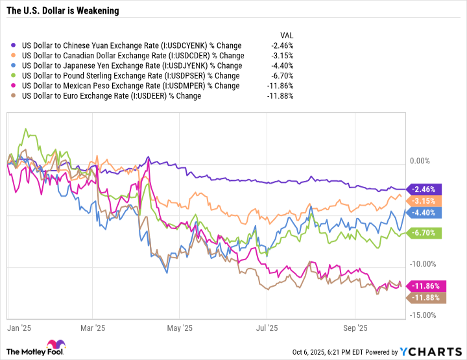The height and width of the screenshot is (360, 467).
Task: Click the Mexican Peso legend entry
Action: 130,86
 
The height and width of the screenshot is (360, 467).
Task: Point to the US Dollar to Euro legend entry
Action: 111,95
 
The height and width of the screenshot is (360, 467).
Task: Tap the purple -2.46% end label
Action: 424,189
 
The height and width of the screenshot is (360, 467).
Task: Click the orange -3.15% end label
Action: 424,200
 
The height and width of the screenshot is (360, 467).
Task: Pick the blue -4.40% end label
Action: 424,211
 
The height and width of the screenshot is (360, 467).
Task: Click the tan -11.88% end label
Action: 424,297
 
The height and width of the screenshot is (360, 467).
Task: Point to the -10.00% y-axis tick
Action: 424,263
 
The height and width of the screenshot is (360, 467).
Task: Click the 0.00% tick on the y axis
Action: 421,161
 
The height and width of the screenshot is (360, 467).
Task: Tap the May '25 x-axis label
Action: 184,328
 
